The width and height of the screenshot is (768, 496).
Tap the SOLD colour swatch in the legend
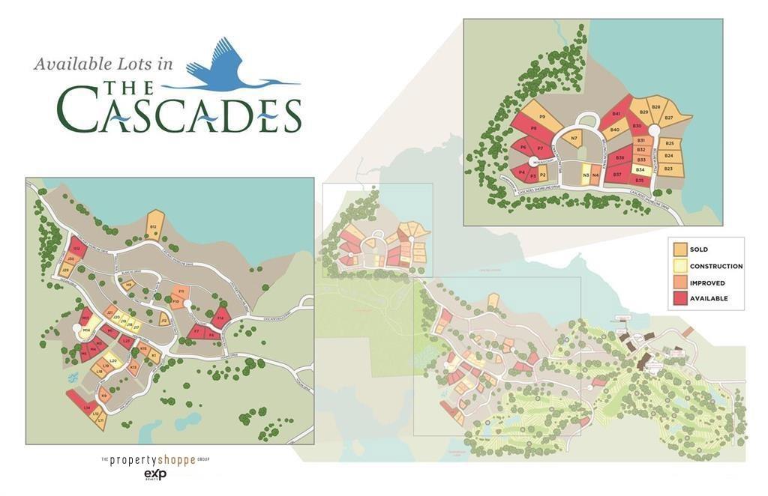tap(679, 249)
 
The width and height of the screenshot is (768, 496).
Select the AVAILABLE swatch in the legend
tap(679, 298)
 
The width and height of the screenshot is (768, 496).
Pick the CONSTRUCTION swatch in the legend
tap(679, 266)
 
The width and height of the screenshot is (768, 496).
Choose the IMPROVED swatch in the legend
tap(679, 282)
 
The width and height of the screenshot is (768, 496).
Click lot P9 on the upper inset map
tap(541, 117)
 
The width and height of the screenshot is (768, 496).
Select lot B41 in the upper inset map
tap(616, 115)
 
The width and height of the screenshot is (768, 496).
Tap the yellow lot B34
tap(640, 170)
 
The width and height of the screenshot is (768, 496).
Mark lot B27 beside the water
tap(669, 118)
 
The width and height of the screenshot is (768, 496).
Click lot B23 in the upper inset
tap(669, 169)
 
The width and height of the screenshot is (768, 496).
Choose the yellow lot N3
tap(585, 176)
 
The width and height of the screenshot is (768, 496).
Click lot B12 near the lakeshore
tap(154, 226)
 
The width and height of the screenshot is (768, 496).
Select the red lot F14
tap(220, 319)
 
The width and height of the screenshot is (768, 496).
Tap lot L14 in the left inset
tap(86, 407)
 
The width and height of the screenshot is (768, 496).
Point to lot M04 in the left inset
tap(87, 330)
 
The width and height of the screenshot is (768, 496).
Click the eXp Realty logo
tap(154, 475)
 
